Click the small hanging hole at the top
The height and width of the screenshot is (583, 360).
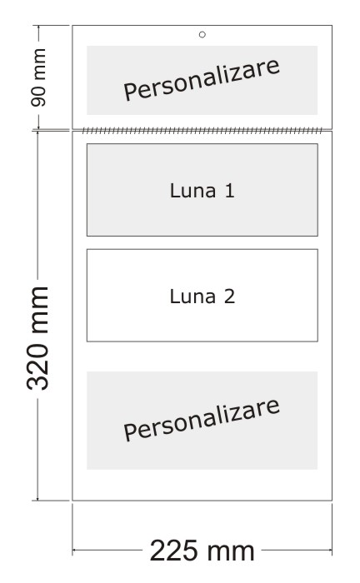(x=202, y=35)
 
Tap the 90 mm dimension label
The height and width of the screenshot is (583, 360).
(x=38, y=77)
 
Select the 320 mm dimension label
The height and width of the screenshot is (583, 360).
(x=37, y=338)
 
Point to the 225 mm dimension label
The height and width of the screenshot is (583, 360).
(x=202, y=551)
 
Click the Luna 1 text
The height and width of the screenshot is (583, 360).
(x=202, y=191)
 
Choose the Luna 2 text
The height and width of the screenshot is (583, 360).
(x=202, y=296)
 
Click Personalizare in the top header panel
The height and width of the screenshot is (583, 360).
(x=202, y=80)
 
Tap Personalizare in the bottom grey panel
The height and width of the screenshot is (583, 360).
(x=202, y=420)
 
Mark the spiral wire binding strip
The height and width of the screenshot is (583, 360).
(x=202, y=131)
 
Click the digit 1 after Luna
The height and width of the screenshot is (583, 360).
(x=230, y=191)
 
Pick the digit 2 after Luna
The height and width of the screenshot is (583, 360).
(x=229, y=296)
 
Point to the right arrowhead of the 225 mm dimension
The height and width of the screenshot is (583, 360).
(x=329, y=550)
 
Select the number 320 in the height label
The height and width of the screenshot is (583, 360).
(x=37, y=366)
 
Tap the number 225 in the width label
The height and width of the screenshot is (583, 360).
(x=173, y=551)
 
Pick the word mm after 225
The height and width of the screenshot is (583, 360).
(x=231, y=552)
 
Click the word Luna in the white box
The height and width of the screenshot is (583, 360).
(x=192, y=296)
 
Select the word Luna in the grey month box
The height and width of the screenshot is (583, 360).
(x=192, y=191)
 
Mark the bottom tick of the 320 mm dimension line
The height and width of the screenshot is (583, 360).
(x=37, y=501)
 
